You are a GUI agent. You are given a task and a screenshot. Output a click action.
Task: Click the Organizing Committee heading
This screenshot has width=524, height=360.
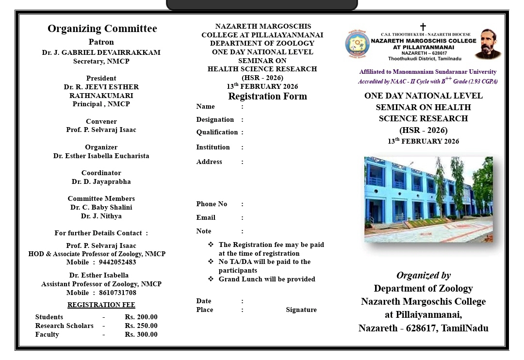[102, 29]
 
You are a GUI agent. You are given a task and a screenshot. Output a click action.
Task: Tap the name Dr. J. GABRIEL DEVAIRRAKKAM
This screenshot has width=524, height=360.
[101, 52]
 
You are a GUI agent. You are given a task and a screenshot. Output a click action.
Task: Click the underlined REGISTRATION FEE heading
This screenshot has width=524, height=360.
[101, 305]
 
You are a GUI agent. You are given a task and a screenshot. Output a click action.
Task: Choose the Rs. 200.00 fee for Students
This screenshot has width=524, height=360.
[141, 317]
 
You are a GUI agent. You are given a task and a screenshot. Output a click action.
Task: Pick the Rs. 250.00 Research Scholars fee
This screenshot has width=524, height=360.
[141, 326]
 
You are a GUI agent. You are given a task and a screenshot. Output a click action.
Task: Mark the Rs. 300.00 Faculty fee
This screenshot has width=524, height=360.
[141, 334]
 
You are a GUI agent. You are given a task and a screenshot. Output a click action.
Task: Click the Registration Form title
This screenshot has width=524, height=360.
[267, 96]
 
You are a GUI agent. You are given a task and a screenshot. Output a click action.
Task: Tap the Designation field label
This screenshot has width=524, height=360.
[215, 119]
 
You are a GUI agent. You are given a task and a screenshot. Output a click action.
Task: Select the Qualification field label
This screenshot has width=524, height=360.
[217, 132]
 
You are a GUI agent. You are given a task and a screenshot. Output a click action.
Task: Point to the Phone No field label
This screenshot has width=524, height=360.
[212, 204]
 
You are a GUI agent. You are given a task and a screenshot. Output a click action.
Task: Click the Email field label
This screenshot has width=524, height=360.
[206, 217]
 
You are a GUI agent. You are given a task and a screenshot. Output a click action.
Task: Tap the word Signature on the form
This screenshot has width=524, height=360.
[301, 310]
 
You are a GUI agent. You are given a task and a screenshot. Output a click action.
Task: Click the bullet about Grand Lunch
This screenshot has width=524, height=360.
[266, 279]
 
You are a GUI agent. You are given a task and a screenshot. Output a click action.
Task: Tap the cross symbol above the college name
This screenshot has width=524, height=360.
[423, 27]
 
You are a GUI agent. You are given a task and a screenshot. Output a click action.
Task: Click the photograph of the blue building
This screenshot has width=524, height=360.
[428, 199]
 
